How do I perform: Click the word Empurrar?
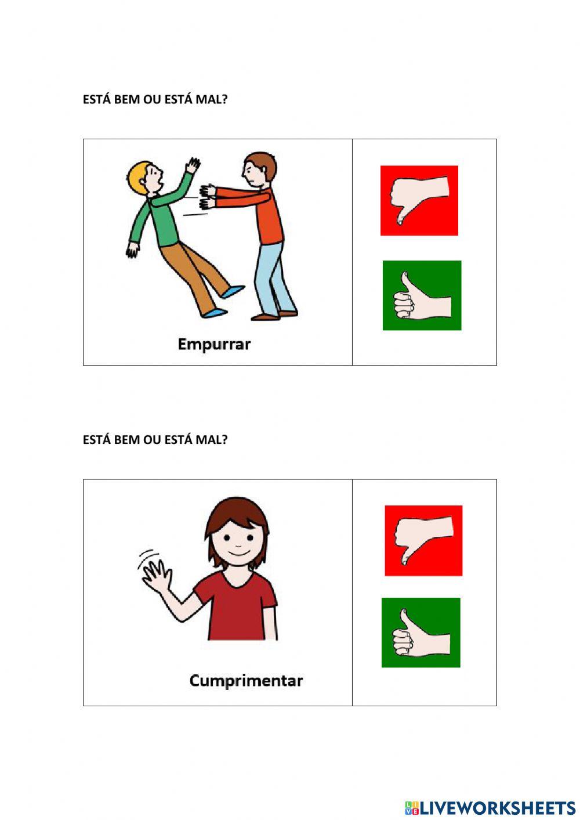coord(214,344)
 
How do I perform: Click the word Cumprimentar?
coord(246,680)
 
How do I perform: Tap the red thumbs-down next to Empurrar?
coord(419,201)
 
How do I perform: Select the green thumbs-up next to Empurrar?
coord(422,295)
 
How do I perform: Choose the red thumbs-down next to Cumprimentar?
coord(423,541)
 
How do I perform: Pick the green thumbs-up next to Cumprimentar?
coord(420,633)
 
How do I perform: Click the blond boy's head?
coord(145,177)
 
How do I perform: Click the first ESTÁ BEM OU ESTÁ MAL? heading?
coord(155,99)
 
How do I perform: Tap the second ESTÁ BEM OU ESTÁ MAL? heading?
coord(155,440)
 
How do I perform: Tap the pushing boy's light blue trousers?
coord(273,279)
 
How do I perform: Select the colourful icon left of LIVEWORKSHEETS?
coord(412,808)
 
